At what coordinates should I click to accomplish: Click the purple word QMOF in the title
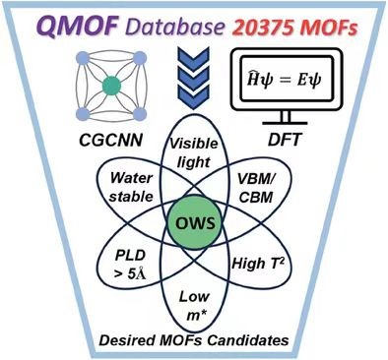tap(79, 26)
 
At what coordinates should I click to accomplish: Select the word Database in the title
tap(174, 27)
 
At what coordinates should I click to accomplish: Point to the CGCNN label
tap(111, 141)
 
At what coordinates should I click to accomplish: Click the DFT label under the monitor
tap(285, 140)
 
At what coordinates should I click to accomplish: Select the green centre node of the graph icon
tap(111, 86)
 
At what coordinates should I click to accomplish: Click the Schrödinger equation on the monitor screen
tap(285, 80)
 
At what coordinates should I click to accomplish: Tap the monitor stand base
tap(285, 123)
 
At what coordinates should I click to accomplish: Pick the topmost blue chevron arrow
tap(193, 56)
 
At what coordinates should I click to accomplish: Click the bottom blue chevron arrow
tap(193, 97)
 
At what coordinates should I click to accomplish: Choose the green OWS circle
tap(195, 223)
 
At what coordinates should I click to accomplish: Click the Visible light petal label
tap(194, 152)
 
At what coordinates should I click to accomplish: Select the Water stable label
tap(131, 187)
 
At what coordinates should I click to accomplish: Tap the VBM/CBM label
tap(256, 188)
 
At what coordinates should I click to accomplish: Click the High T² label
tap(258, 263)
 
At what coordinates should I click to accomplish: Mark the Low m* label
tap(194, 306)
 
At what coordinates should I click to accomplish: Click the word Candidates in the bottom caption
tap(248, 340)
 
